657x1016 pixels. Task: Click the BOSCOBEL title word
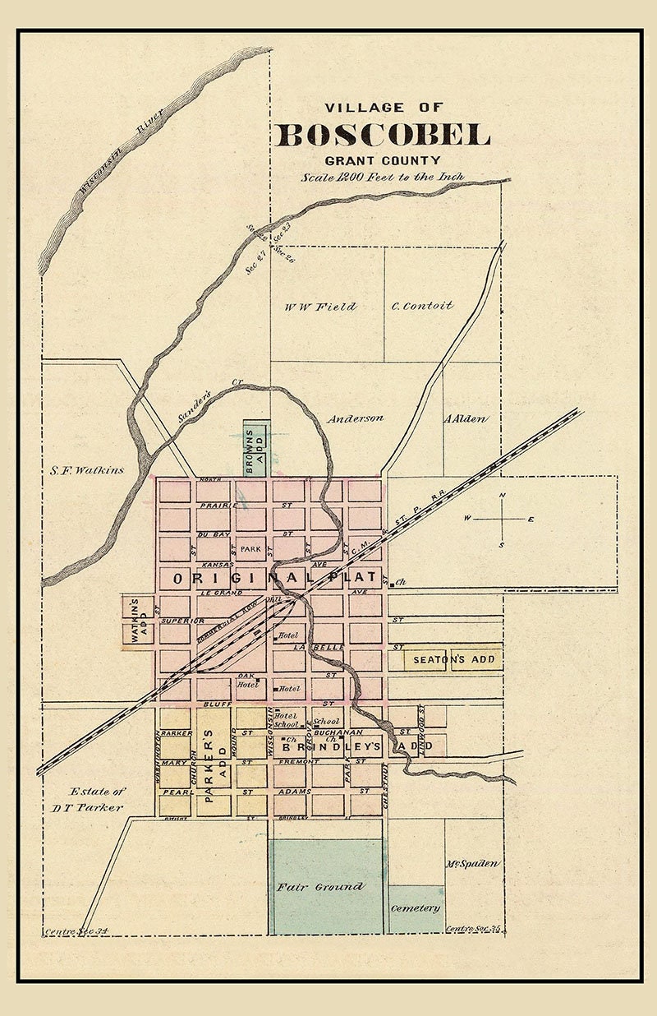[x=383, y=135]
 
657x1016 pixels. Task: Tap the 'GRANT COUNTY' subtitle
[x=382, y=161]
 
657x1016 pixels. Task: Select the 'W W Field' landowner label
[x=320, y=307]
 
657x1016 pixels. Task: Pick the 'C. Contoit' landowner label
[x=422, y=306]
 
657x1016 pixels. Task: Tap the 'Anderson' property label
[x=355, y=418]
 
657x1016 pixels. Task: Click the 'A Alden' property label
[x=466, y=419]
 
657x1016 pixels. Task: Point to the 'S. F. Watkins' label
[x=85, y=470]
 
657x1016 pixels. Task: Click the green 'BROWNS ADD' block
[x=255, y=450]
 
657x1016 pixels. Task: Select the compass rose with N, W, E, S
[x=503, y=520]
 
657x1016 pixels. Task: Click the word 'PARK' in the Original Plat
[x=250, y=548]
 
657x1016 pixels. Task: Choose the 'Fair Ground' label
[x=319, y=887]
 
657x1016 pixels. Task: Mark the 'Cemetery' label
[x=416, y=908]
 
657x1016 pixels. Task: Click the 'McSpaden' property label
[x=473, y=864]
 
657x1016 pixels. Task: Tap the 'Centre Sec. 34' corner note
[x=76, y=931]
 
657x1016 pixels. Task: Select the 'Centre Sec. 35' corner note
[x=473, y=929]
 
